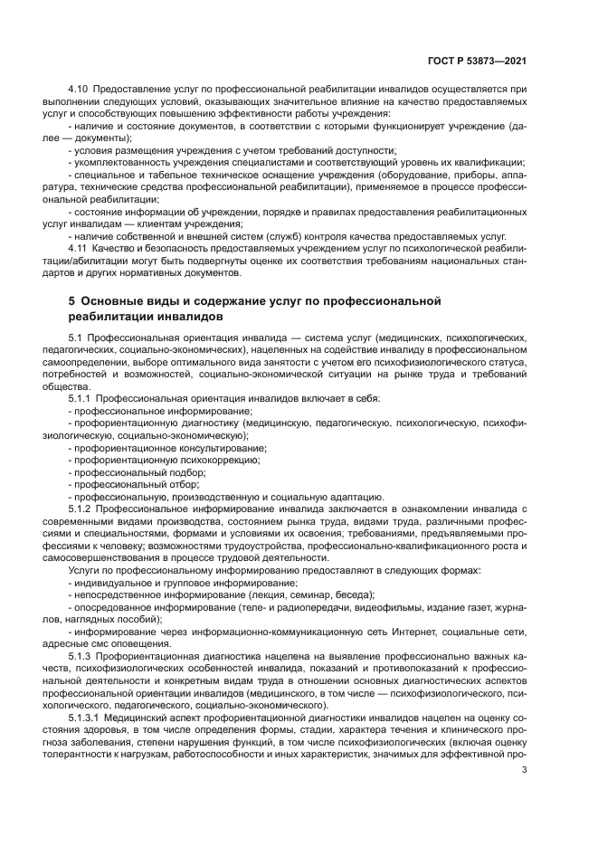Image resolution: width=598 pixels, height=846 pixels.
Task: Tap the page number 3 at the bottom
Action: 525,770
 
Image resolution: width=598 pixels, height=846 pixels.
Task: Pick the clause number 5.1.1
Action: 83,398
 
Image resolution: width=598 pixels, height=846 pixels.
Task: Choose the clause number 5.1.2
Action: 83,509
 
